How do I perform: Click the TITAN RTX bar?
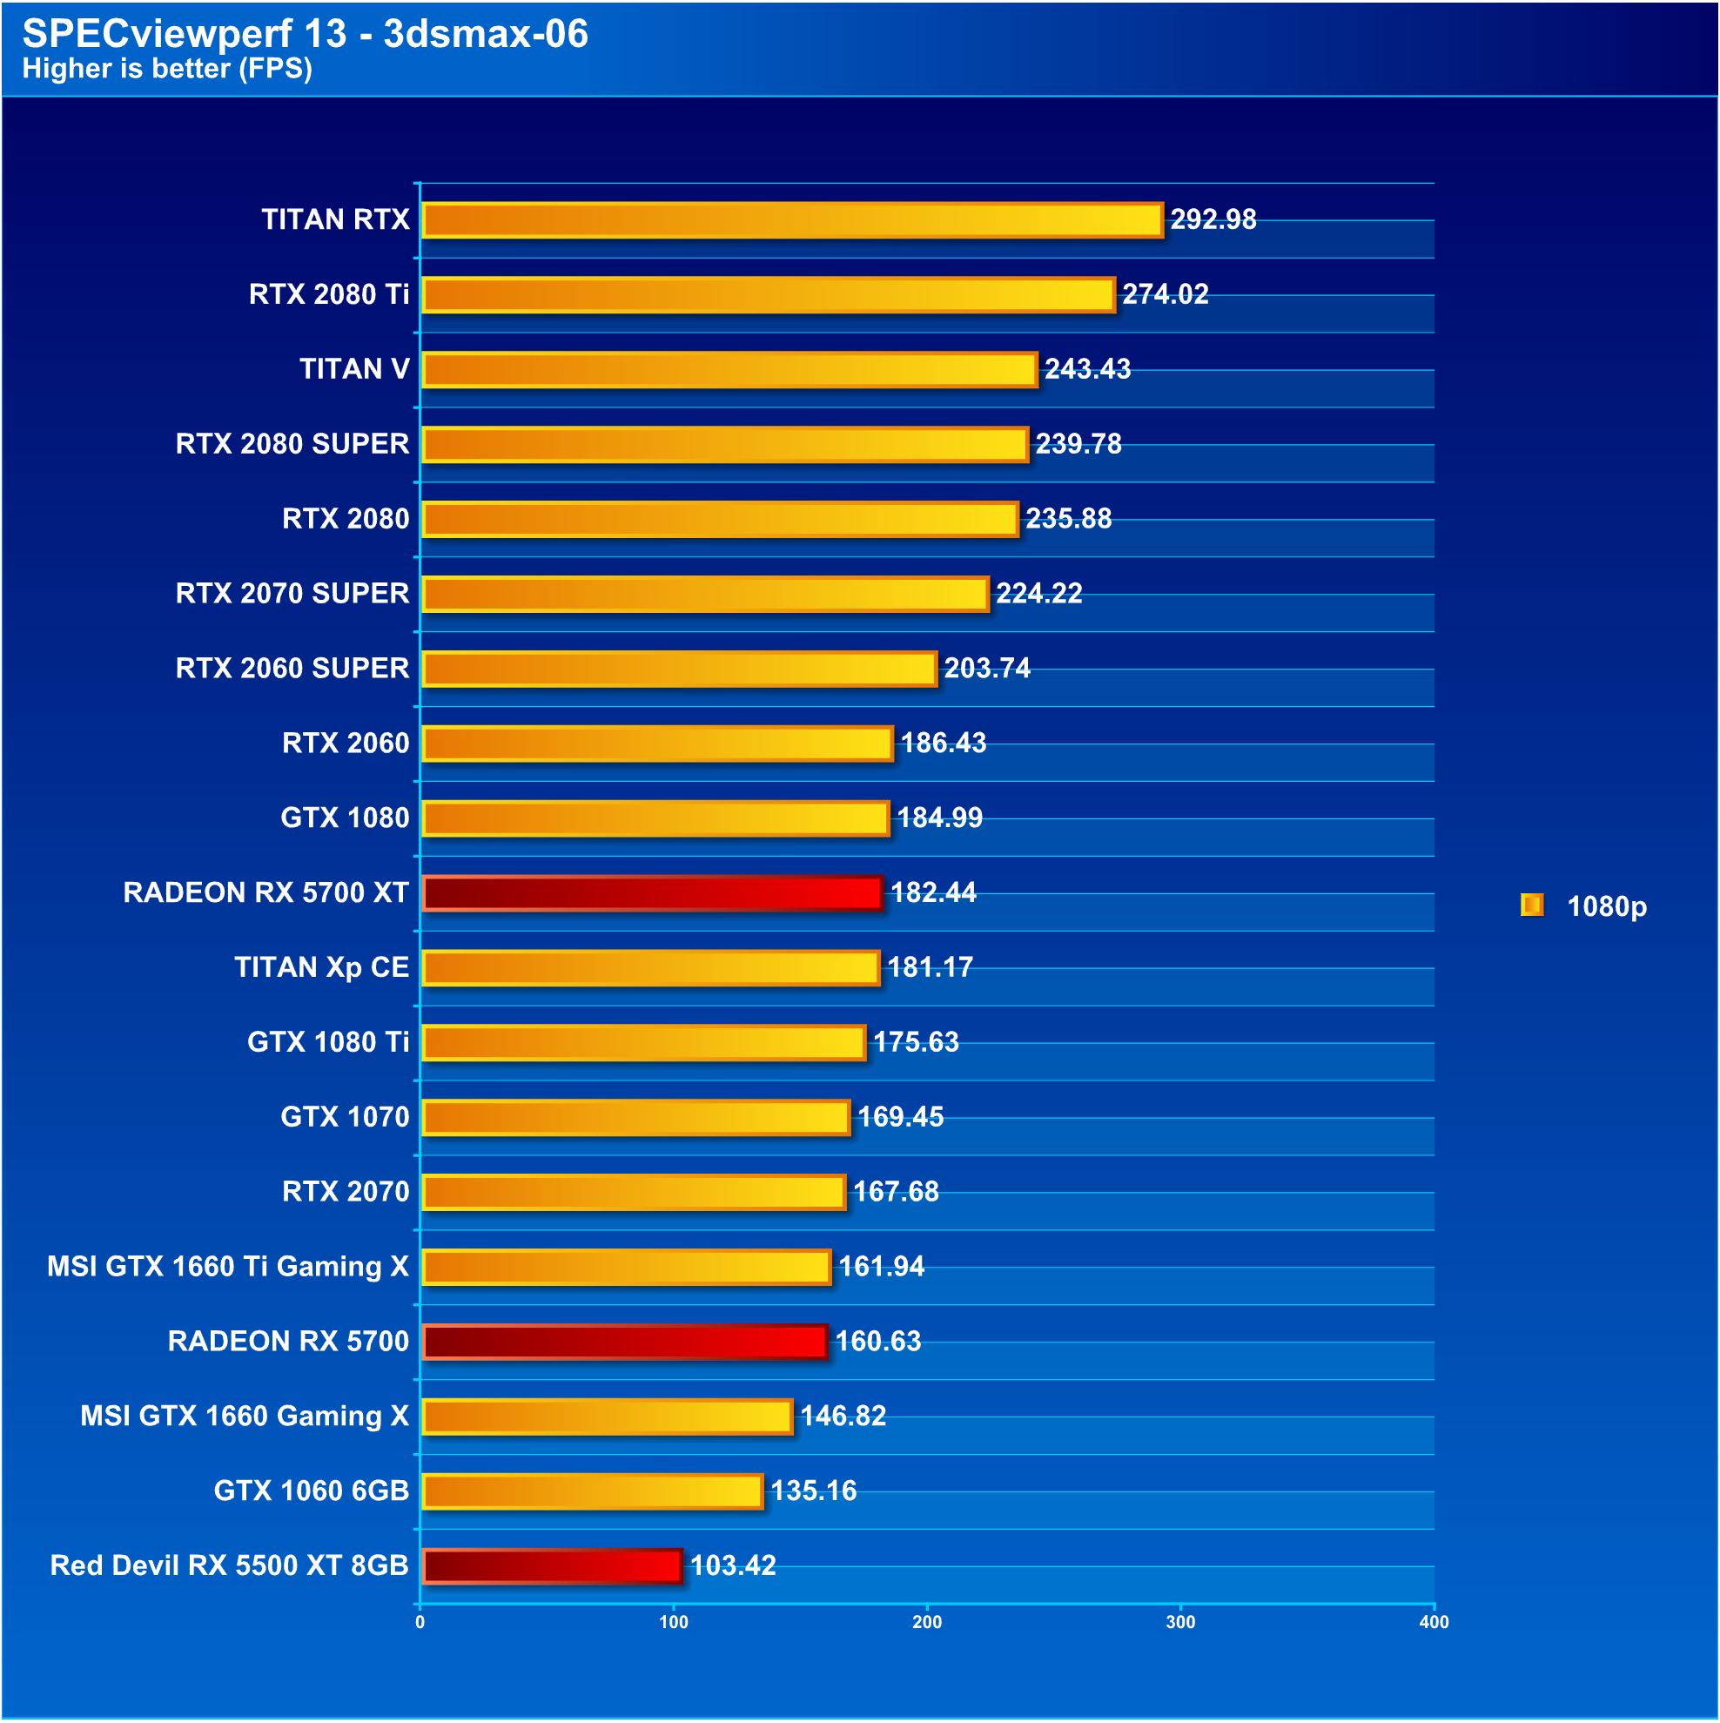pos(792,220)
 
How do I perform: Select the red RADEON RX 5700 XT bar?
pos(652,892)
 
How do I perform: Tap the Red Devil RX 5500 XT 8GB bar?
pos(552,1565)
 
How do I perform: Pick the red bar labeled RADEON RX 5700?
pos(624,1342)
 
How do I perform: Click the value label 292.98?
pos(1212,219)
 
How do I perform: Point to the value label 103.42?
pos(732,1565)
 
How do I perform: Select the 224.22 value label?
pos(1038,593)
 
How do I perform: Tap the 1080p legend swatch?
pos(1530,905)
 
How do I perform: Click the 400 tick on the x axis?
pos(1433,1622)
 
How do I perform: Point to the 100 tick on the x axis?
pos(673,1622)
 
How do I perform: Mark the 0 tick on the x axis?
pos(420,1622)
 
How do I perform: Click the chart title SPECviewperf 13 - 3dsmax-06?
pos(305,34)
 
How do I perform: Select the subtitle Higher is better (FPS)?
pos(167,69)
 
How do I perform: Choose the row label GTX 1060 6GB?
pos(312,1491)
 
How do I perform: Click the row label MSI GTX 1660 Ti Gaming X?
pos(227,1267)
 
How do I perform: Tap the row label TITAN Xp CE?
pos(321,966)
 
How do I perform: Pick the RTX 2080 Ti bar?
pos(768,295)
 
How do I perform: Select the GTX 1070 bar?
pos(635,1117)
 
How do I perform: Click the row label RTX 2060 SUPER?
pos(292,668)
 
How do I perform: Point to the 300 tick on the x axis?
pos(1179,1622)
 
